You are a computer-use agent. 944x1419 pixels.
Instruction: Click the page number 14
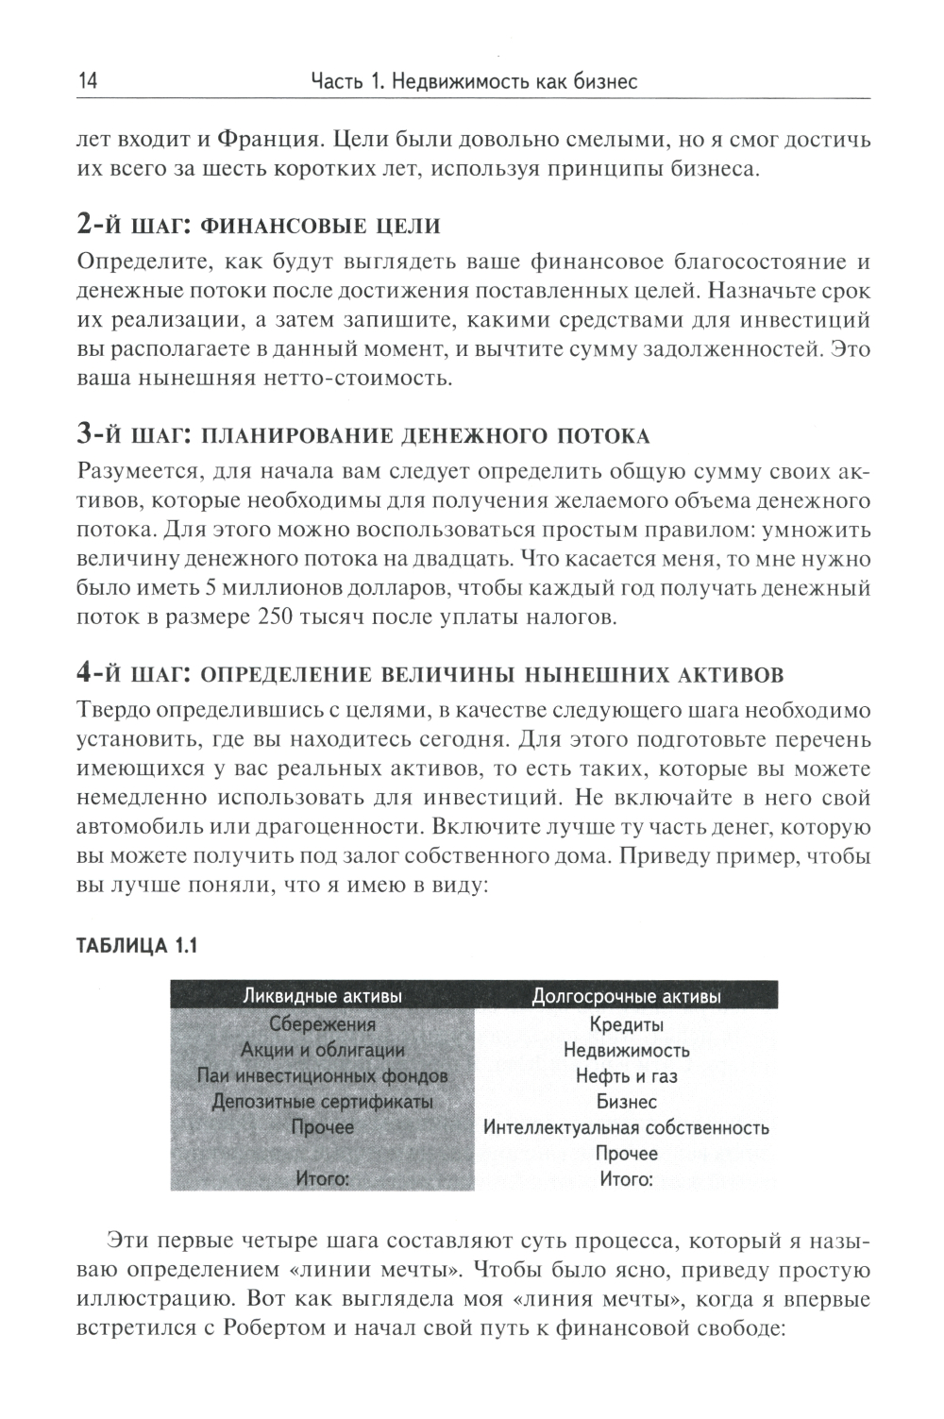click(85, 81)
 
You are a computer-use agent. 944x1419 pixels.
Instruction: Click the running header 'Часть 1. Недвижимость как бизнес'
click(474, 82)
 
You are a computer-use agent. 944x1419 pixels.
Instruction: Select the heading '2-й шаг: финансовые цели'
click(258, 226)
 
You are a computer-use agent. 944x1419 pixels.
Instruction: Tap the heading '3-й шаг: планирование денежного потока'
click(363, 435)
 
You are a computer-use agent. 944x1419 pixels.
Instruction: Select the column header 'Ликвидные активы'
click(323, 997)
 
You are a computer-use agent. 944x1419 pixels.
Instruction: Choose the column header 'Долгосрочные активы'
click(626, 997)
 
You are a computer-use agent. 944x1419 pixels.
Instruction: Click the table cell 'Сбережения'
click(322, 1024)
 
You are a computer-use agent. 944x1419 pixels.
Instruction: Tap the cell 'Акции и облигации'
click(322, 1050)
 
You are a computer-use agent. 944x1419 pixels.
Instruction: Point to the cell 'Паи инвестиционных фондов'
click(322, 1075)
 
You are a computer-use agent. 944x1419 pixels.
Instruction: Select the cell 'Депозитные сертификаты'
click(322, 1101)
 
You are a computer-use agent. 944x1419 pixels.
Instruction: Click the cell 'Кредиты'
click(626, 1024)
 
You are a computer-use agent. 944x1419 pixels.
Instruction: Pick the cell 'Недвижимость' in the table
click(626, 1050)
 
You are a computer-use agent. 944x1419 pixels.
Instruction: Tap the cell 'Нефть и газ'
click(626, 1075)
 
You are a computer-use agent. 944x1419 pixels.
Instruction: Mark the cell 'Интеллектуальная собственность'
click(626, 1127)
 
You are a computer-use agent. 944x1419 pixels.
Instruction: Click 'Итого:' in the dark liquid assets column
click(322, 1178)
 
